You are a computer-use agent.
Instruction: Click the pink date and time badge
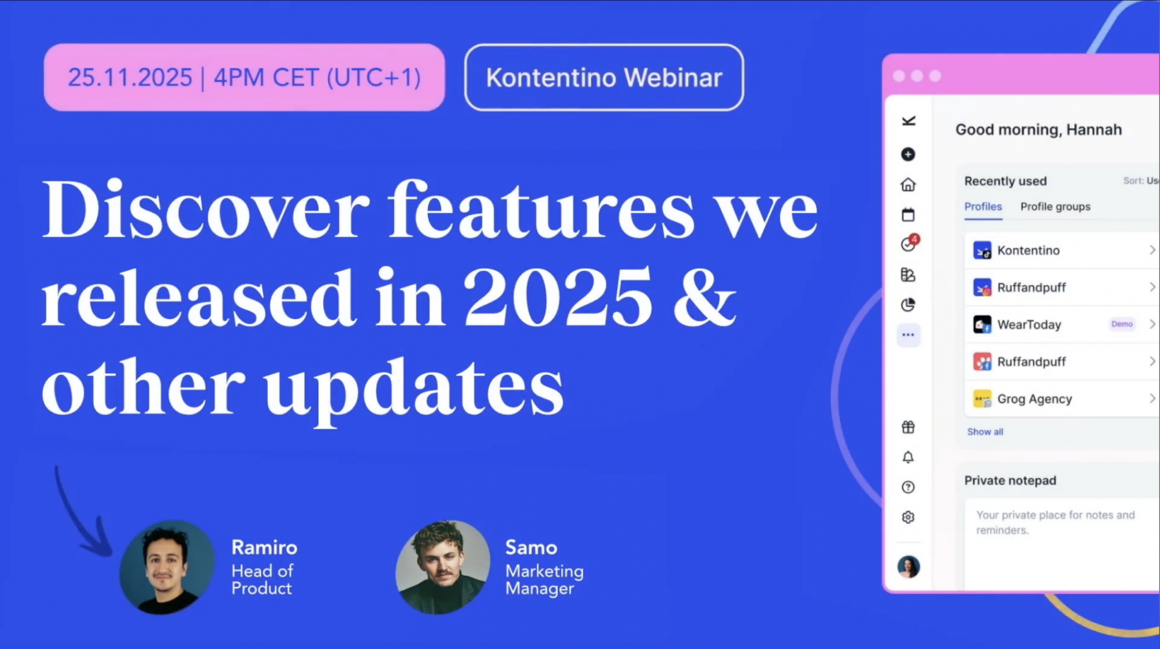pos(244,77)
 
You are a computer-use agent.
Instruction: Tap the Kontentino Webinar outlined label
pos(604,77)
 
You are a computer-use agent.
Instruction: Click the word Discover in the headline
pos(206,209)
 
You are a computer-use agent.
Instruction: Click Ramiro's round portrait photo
pos(167,567)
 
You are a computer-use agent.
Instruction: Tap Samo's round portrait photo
pos(443,567)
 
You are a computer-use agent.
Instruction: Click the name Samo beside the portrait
pos(531,548)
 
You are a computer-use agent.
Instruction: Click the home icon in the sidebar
pos(908,185)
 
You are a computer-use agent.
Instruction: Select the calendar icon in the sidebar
pos(908,215)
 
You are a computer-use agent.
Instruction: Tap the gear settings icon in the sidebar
pos(908,517)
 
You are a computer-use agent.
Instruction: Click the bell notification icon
pos(908,457)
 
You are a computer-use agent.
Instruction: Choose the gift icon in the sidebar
pos(908,427)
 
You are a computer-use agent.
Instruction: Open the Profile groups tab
pos(1055,207)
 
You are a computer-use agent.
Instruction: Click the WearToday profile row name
pos(1029,325)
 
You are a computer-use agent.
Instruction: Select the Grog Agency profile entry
pos(1034,399)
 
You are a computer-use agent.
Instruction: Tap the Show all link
pos(985,432)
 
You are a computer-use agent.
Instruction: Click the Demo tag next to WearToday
pos(1122,324)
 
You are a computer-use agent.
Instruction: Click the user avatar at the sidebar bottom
pos(909,567)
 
